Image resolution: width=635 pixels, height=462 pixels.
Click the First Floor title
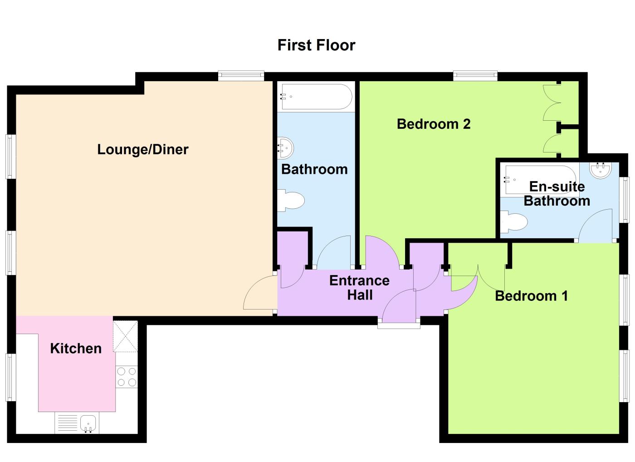316,45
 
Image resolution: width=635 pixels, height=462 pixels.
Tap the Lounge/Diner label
142,149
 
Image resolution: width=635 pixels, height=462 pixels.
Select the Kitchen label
76,348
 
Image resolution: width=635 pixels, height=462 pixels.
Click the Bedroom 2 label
433,123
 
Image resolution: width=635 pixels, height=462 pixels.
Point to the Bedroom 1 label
531,296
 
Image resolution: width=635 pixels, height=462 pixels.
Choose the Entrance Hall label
359,287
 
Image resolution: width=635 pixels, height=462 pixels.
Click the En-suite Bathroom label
557,193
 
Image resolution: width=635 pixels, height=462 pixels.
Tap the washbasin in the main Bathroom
285,147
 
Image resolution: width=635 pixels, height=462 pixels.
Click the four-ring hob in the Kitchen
127,377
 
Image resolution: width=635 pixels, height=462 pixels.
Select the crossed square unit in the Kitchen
125,336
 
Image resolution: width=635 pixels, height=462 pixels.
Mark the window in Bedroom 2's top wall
475,76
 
